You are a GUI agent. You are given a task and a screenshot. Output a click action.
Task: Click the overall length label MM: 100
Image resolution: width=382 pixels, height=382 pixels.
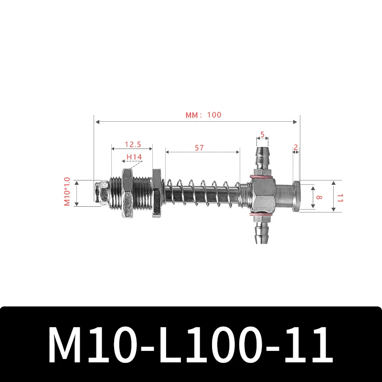[203, 115]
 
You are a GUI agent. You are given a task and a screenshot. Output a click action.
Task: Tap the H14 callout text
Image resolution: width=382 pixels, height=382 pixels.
[134, 157]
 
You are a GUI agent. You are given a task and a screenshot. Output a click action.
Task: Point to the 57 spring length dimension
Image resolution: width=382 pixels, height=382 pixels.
[199, 148]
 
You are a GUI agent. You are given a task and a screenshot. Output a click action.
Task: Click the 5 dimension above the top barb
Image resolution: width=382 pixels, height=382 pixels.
[262, 135]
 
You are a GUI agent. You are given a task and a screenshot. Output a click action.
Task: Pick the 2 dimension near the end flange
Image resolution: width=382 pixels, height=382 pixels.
[296, 147]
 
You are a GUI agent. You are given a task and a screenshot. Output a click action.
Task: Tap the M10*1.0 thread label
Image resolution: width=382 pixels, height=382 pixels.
[67, 192]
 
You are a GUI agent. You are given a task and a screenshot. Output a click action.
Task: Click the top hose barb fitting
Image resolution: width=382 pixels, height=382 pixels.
[261, 158]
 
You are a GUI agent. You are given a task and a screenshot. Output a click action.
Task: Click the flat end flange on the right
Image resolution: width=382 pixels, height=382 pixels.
[297, 195]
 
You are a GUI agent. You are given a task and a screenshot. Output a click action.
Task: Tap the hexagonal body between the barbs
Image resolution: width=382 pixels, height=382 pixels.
[261, 196]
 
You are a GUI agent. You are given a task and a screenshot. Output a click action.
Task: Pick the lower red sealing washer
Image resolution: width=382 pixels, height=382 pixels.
[261, 216]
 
